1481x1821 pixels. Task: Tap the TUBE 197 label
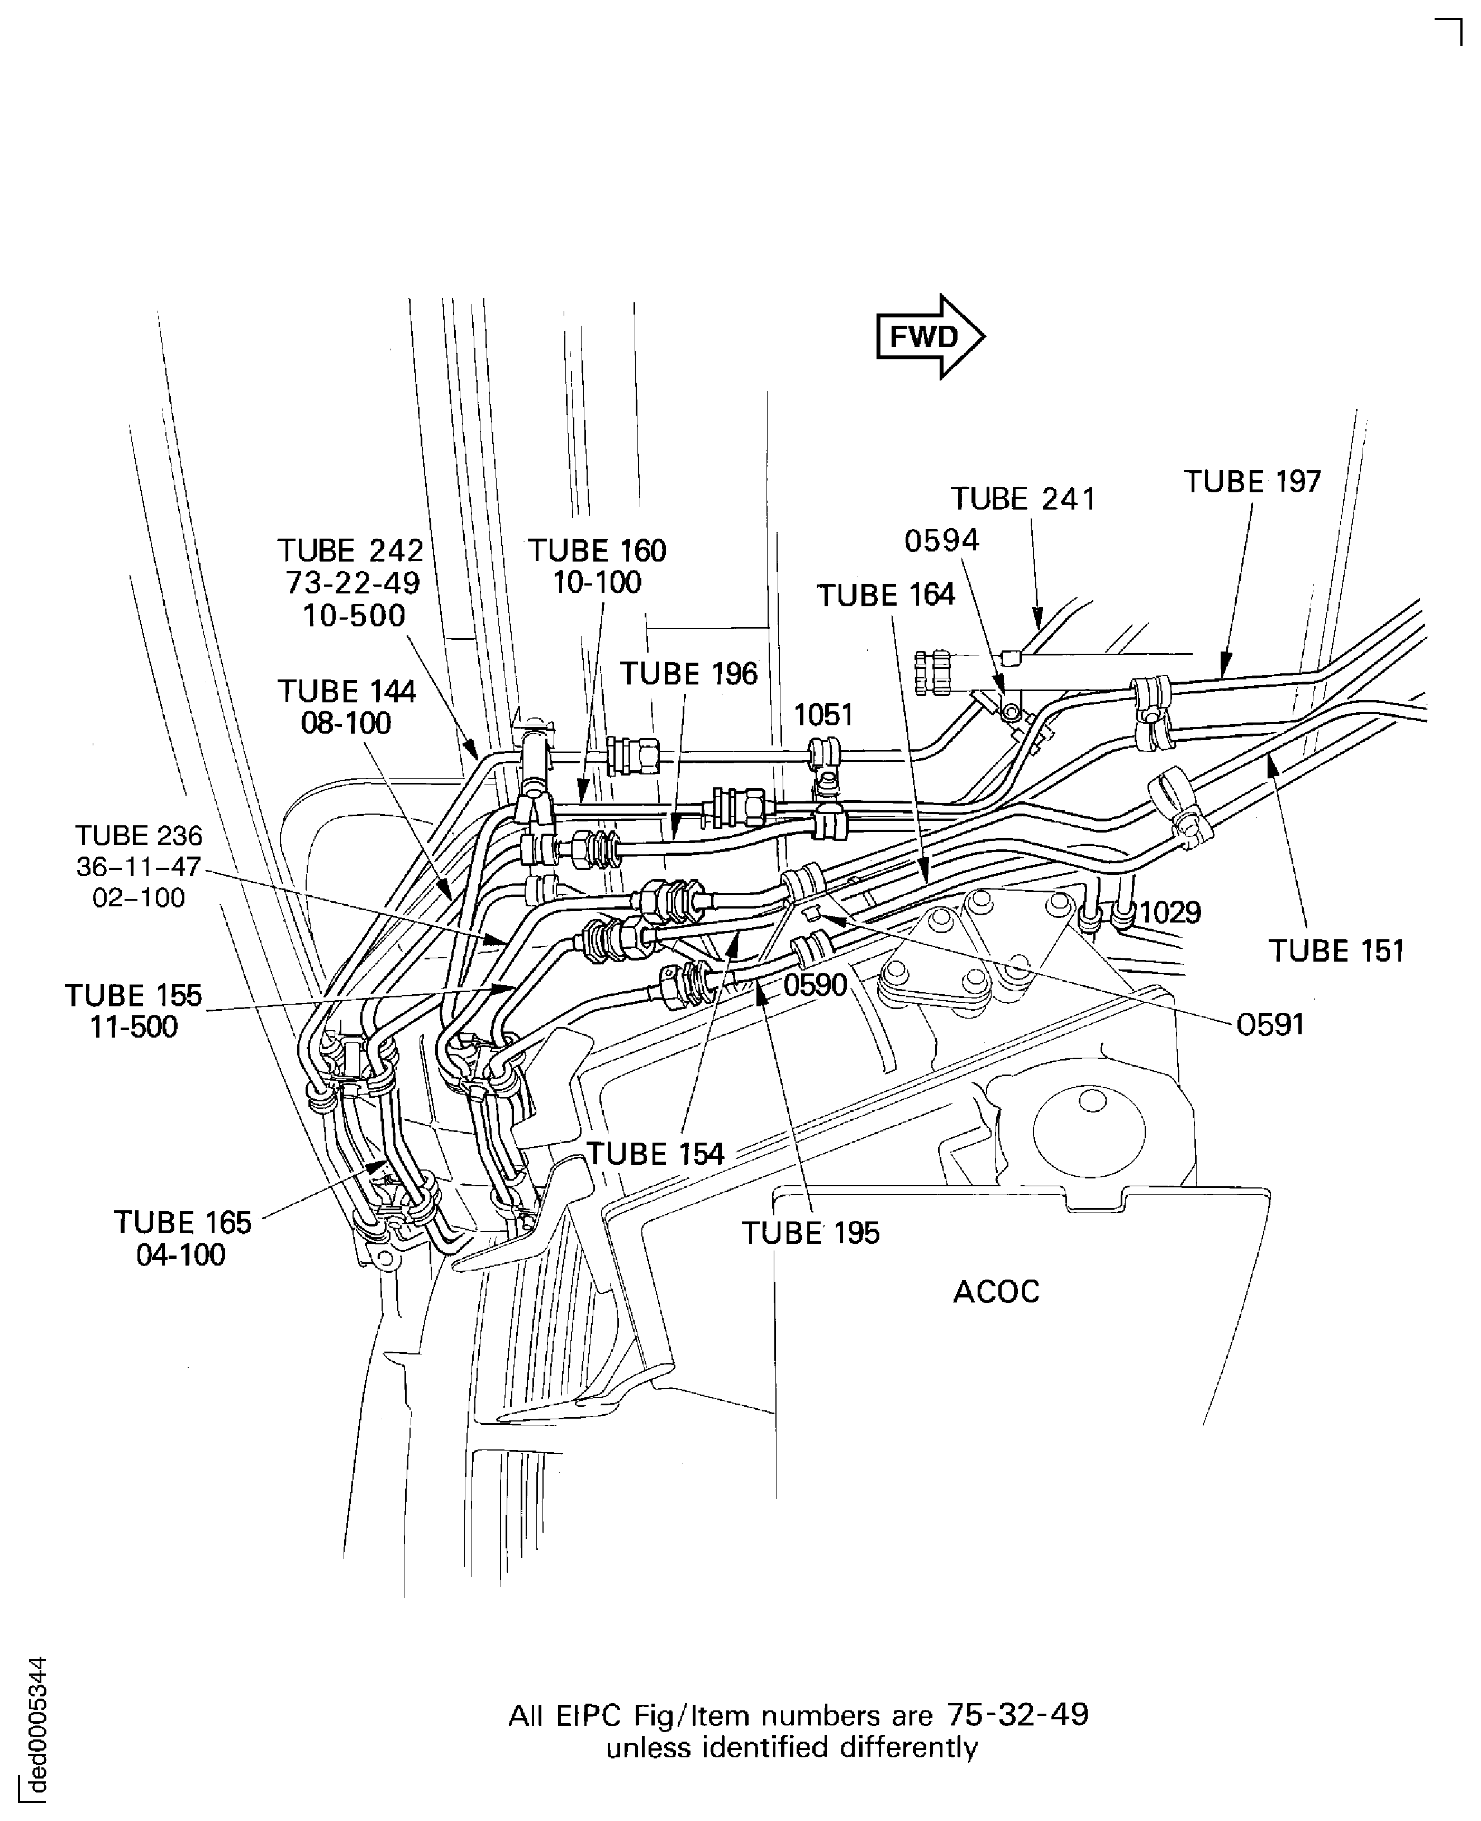pos(1251,482)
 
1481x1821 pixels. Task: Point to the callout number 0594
pos(942,541)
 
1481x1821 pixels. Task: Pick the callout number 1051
pos(823,715)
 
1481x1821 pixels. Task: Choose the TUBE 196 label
pos(688,674)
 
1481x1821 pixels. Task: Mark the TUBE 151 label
pos(1336,952)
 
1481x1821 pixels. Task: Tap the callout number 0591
pos(1270,1025)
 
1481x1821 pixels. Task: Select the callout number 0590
pos(815,986)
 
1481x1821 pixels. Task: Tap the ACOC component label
pos(996,1292)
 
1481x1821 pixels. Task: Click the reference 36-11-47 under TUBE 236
pos(138,867)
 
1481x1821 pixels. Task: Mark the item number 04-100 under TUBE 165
pos(181,1255)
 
